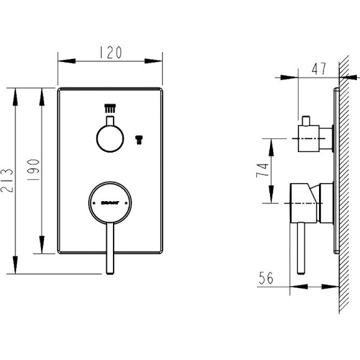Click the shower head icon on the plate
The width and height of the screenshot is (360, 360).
[x=110, y=107]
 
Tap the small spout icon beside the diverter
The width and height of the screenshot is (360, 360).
[x=140, y=138]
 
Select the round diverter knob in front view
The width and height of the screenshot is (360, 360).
[x=110, y=136]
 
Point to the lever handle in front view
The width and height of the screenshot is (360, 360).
[x=110, y=248]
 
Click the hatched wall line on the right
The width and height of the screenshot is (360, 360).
[x=345, y=186]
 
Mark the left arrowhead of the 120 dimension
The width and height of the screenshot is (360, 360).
[x=61, y=61]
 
